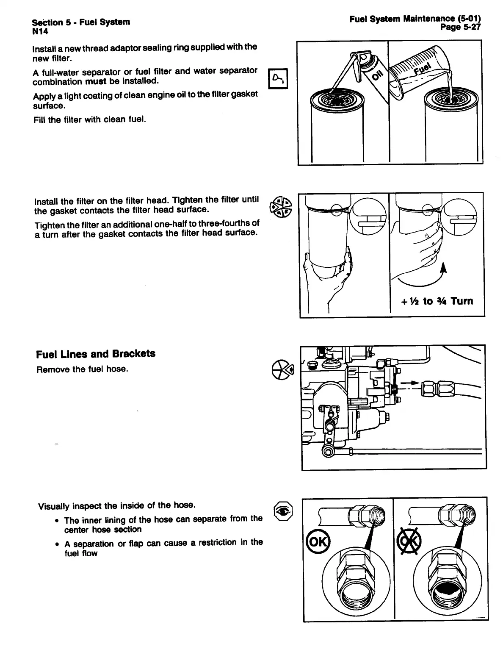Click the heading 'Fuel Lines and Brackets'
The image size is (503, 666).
tap(96, 354)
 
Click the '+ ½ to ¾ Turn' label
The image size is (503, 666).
tap(437, 301)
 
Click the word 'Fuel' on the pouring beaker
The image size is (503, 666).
tap(422, 69)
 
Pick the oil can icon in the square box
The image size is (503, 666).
tap(279, 78)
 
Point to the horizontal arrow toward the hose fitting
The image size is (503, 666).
tap(409, 383)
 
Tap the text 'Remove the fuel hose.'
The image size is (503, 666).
tap(82, 369)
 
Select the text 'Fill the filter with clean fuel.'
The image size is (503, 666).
tap(89, 119)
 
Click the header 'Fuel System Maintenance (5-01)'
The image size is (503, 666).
tap(415, 19)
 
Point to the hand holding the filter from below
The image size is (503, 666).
tap(334, 271)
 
